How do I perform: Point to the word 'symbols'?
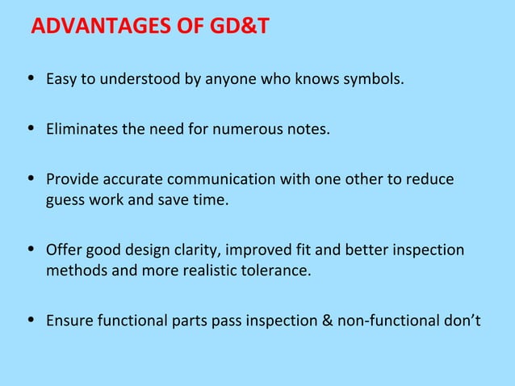(x=376, y=81)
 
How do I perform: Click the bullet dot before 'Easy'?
(x=31, y=81)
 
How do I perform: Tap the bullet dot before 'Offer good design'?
(x=31, y=250)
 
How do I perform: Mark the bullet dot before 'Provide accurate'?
(x=31, y=178)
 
